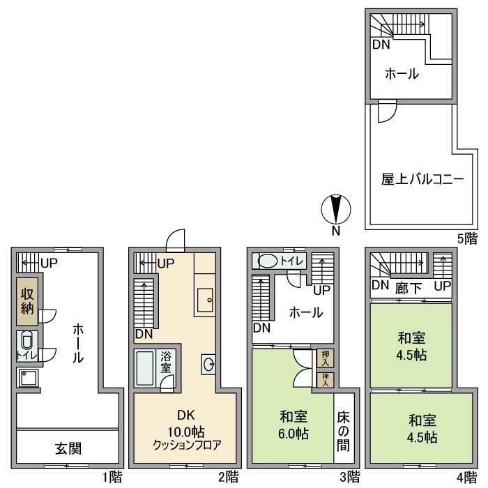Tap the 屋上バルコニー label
(412, 178)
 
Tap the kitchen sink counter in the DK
(206, 300)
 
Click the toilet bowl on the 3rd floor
(268, 261)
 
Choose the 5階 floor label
(467, 238)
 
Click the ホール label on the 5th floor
(401, 74)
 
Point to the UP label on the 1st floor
(48, 264)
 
